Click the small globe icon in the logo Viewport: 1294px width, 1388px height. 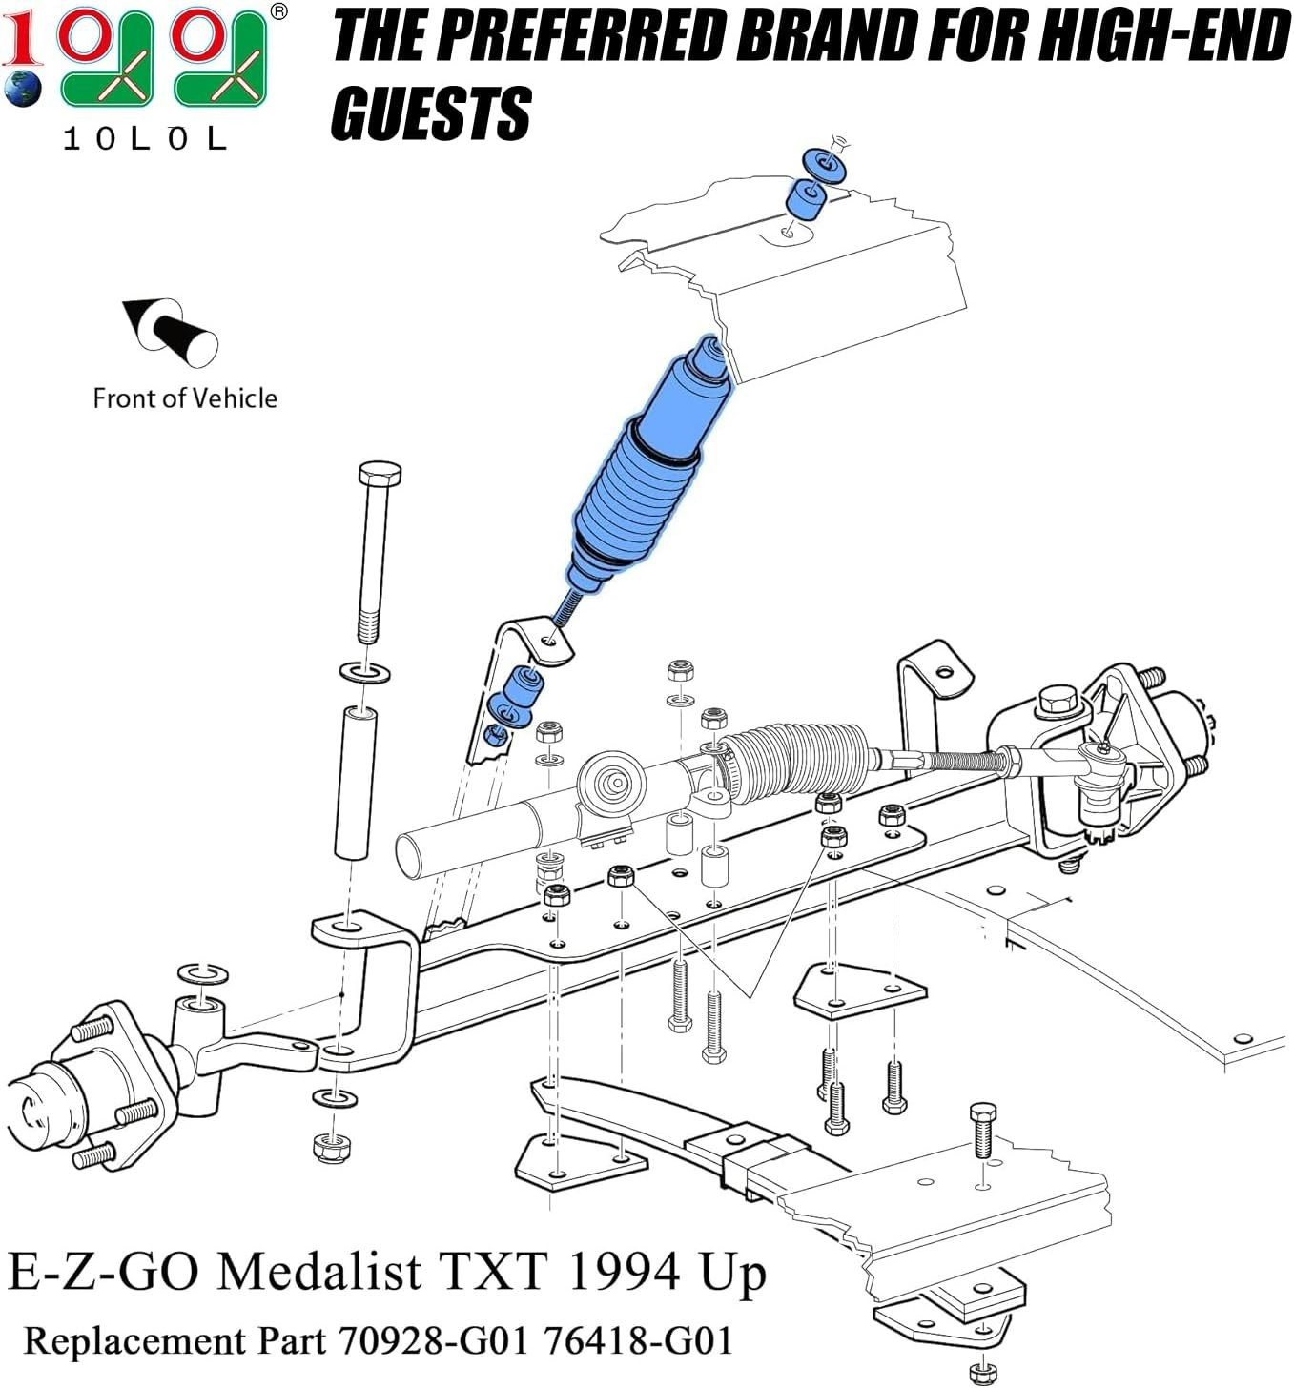pyautogui.click(x=22, y=89)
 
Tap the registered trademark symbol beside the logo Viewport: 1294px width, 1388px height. pyautogui.click(x=278, y=11)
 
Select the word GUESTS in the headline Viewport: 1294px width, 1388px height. pyautogui.click(x=431, y=113)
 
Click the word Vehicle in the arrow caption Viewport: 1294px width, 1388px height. pyautogui.click(x=234, y=398)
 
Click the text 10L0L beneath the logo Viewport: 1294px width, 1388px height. pyautogui.click(x=145, y=139)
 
